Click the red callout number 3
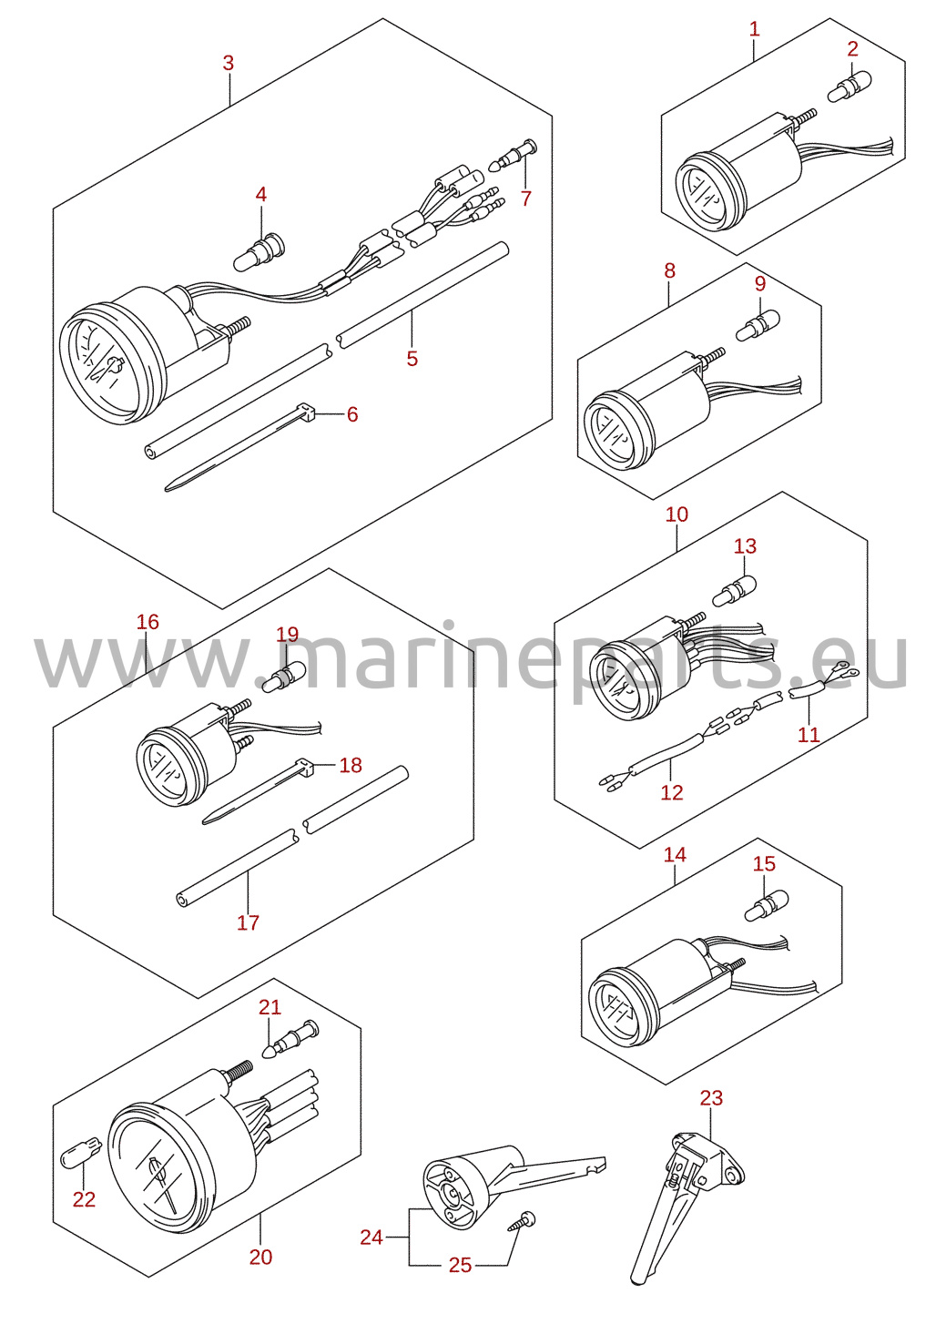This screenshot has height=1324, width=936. click(x=229, y=63)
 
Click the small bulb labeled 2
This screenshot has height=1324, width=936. click(x=850, y=87)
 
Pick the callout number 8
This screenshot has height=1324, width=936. click(x=669, y=270)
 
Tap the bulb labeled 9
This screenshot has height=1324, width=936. click(x=758, y=326)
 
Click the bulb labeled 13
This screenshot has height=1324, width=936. click(x=735, y=590)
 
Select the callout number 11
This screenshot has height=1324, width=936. click(x=809, y=735)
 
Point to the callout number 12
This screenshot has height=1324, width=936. click(x=672, y=792)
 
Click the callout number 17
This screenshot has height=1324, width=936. click(x=249, y=922)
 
